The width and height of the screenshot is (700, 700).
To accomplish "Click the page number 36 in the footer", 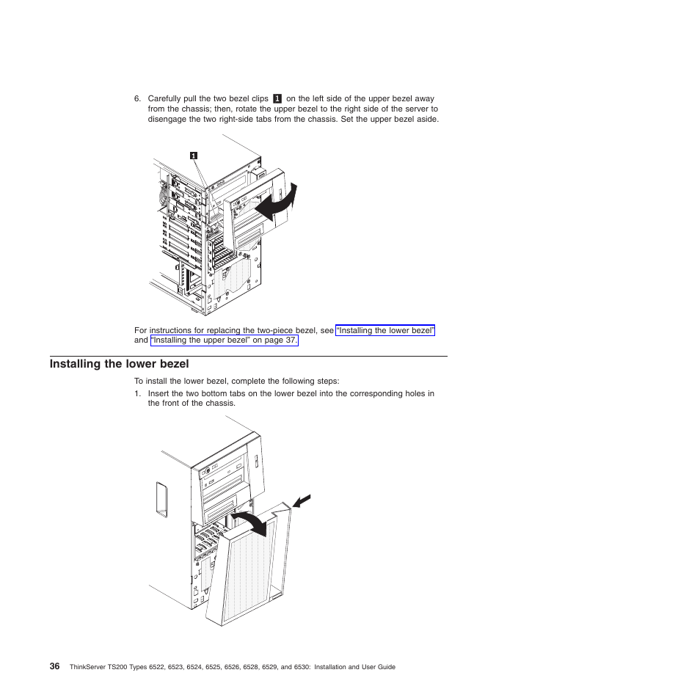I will (55, 666).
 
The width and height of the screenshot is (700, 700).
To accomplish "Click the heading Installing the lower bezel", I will (119, 364).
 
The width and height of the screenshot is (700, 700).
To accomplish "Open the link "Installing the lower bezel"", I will (385, 331).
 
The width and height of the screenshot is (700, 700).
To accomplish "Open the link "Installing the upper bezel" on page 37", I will (224, 341).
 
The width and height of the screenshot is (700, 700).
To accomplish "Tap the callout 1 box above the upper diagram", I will (193, 156).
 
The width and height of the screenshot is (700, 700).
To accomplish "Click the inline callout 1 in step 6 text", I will (277, 98).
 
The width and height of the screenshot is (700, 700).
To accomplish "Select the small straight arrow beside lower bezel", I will (302, 502).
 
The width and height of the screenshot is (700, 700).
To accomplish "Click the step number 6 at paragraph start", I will (137, 98).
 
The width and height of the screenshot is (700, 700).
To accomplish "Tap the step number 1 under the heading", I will (137, 393).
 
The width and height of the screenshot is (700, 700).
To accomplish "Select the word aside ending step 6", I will (427, 119).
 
